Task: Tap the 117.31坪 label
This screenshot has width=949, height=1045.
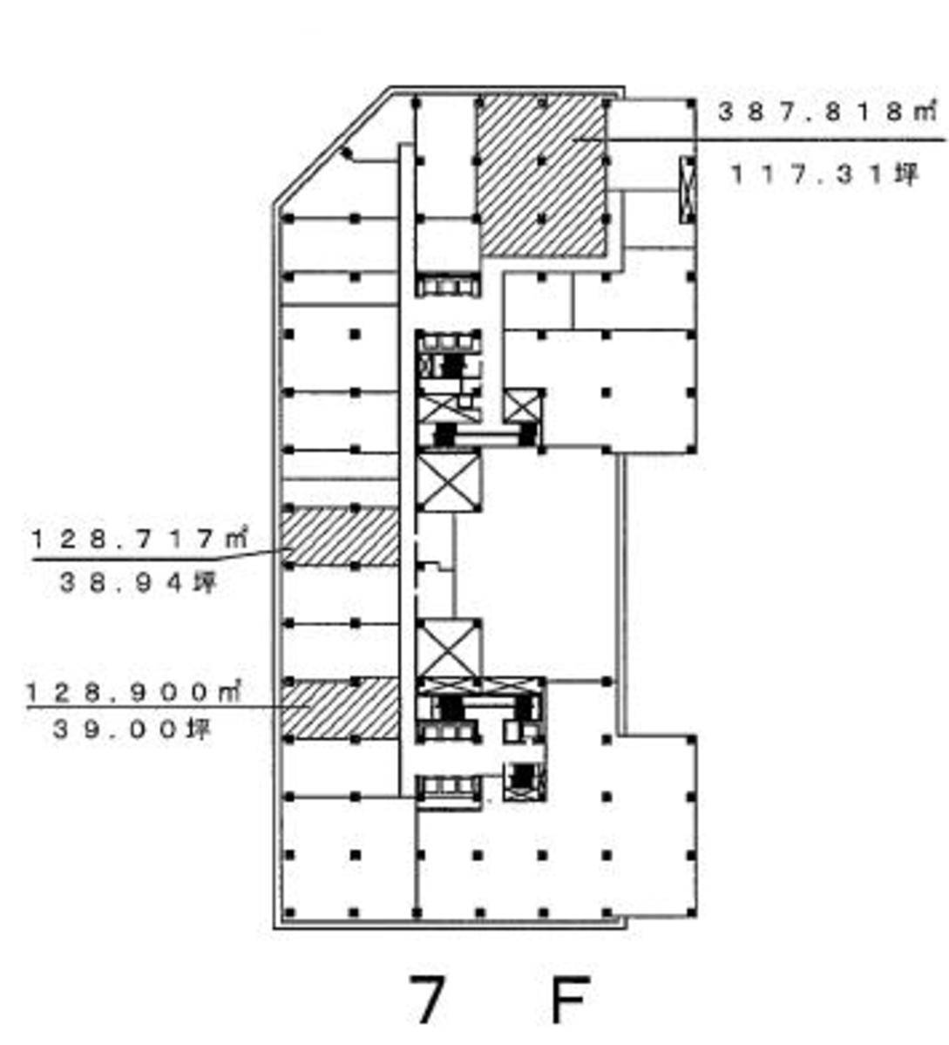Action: (825, 174)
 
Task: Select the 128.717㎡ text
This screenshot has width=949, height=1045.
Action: (139, 539)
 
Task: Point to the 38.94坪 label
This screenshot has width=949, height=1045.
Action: (139, 583)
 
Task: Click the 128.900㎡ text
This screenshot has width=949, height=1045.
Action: (133, 692)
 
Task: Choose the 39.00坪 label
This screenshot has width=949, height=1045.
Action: (132, 729)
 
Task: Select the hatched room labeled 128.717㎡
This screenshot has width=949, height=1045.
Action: (340, 537)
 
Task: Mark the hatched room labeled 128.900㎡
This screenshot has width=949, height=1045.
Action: (340, 708)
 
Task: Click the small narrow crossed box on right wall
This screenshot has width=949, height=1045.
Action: (688, 189)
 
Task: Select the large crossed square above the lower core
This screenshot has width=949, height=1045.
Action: (448, 648)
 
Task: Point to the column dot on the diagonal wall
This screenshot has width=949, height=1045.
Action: (346, 153)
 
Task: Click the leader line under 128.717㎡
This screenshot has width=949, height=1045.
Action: (161, 555)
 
